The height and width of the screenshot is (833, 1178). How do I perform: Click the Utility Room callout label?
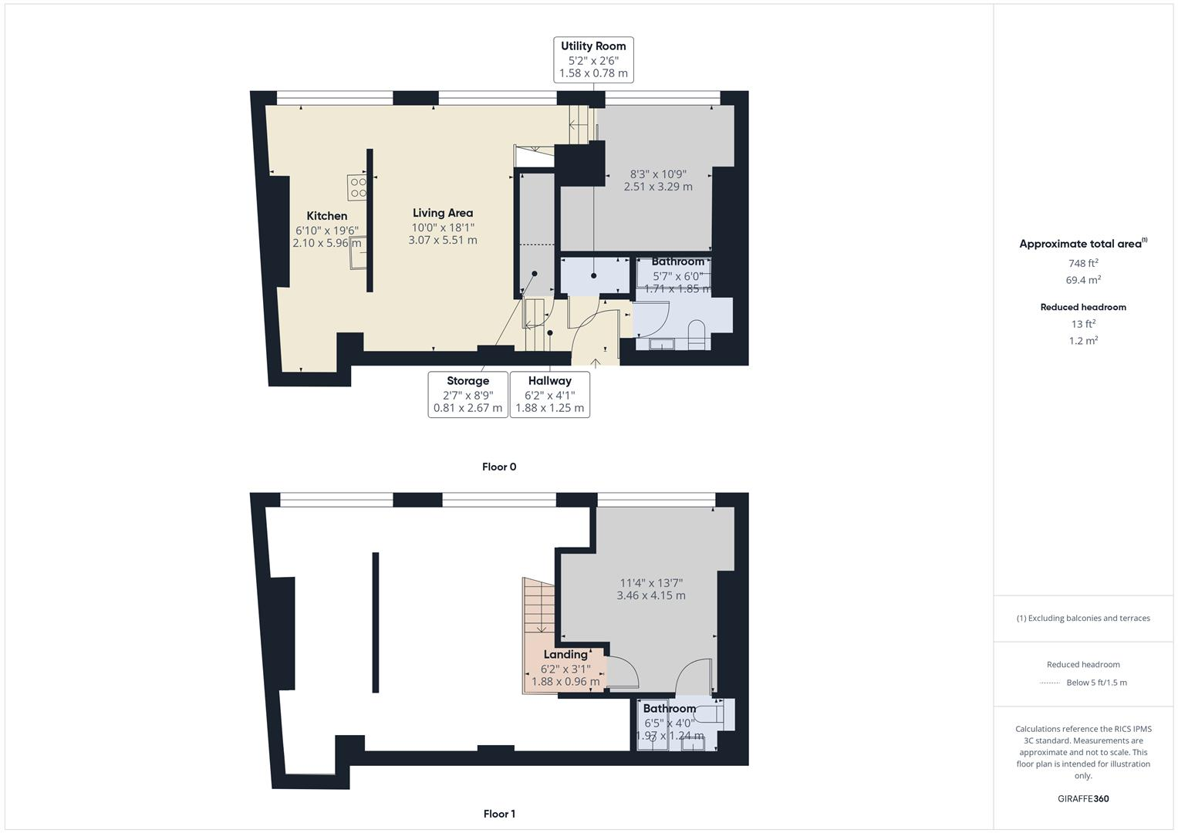point(593,59)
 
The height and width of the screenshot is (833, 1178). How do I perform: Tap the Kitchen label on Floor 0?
point(326,216)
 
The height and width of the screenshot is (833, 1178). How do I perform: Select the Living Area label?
point(442,213)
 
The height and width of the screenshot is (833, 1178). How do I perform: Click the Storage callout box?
point(467,394)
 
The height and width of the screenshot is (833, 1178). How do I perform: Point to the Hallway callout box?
point(549,394)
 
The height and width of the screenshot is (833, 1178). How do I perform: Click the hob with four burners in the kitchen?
point(357,187)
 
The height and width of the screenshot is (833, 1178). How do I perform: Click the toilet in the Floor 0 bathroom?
point(696,333)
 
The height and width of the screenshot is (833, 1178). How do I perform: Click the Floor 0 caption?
point(499,467)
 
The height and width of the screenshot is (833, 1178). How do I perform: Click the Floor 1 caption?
point(499,814)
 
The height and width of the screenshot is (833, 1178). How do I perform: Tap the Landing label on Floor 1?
point(565,654)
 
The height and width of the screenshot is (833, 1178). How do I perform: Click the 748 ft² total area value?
point(1083,263)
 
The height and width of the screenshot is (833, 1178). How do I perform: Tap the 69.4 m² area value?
point(1083,280)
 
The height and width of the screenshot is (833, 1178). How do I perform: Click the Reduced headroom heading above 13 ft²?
point(1083,307)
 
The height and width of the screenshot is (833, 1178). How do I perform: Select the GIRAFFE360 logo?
point(1083,798)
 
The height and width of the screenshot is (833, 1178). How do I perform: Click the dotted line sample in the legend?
point(1050,683)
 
